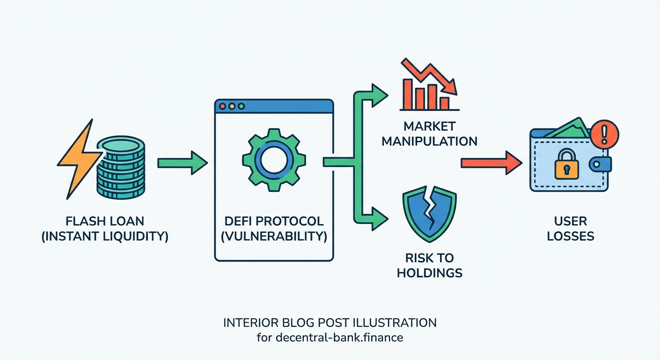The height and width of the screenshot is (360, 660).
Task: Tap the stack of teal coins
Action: pyautogui.click(x=120, y=169)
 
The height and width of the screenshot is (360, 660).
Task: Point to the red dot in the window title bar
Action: pyautogui.click(x=223, y=106)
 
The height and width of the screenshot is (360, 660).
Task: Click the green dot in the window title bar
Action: pyautogui.click(x=241, y=106)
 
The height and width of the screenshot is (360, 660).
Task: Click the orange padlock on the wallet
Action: pyautogui.click(x=566, y=164)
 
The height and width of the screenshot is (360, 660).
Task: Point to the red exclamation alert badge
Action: pyautogui.click(x=605, y=132)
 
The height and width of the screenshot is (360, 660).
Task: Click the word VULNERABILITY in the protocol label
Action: pyautogui.click(x=274, y=236)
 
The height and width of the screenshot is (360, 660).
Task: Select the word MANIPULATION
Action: pyautogui.click(x=429, y=141)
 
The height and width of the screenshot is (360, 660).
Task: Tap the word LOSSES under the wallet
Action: pyautogui.click(x=570, y=236)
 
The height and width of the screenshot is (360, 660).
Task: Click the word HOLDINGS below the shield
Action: pyautogui.click(x=429, y=272)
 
